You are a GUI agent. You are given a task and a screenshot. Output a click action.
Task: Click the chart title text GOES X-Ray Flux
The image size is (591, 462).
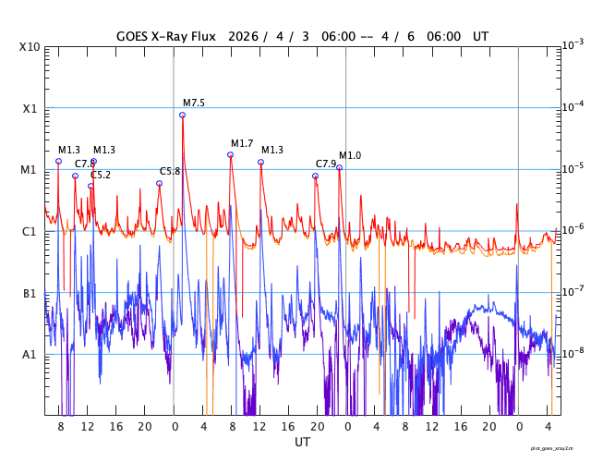165,36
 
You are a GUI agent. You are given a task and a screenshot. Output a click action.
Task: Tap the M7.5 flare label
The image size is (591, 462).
194,103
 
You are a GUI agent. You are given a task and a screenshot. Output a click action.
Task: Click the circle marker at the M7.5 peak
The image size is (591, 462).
182,115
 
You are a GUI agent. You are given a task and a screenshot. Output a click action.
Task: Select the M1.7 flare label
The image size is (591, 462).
242,143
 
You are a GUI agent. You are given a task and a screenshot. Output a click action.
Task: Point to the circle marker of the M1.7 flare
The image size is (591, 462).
230,154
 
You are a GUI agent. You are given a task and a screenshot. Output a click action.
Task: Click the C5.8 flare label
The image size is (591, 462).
170,171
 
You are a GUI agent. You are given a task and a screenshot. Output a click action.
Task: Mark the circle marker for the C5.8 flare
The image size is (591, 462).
159,183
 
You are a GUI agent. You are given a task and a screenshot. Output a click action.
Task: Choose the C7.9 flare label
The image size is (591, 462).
326,164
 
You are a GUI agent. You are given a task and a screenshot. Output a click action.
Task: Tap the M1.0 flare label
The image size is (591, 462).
350,155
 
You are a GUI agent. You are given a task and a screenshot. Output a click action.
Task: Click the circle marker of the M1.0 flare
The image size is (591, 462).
339,167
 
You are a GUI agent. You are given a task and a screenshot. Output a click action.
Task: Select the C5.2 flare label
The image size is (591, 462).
101,175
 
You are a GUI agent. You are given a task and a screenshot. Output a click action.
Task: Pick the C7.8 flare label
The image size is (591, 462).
84,164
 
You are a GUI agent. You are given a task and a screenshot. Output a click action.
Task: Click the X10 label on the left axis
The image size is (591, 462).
30,46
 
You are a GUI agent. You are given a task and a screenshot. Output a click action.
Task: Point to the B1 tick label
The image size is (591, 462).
30,293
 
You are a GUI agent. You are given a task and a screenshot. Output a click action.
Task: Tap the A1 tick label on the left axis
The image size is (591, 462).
30,354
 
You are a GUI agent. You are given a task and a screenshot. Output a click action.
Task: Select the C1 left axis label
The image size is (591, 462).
30,231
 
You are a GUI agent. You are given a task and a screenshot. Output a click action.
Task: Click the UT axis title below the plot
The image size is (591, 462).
302,442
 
